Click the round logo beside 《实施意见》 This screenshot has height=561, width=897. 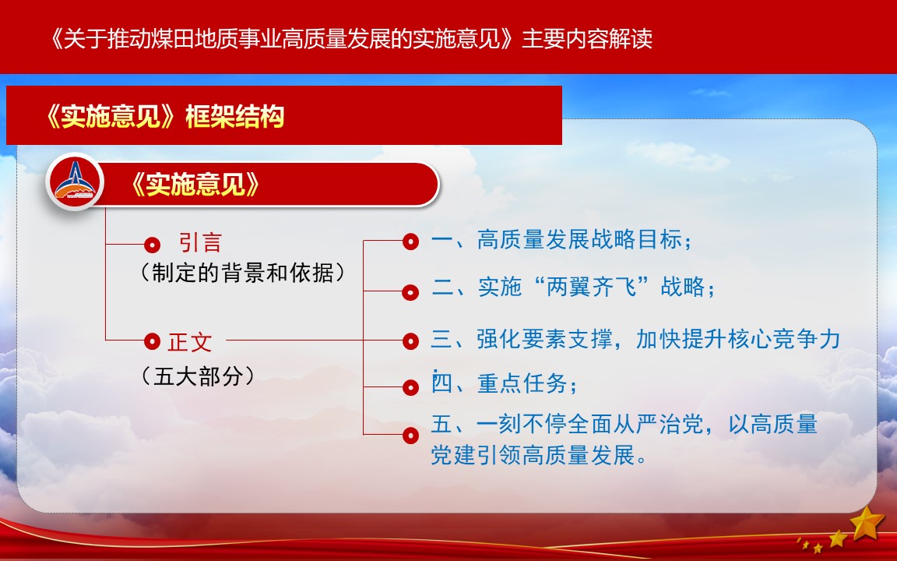76,182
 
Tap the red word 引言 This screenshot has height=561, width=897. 200,243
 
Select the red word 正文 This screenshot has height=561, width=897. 190,342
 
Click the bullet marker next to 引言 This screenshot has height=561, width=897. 152,245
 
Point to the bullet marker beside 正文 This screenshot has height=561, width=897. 152,341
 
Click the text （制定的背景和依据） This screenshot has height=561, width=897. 243,273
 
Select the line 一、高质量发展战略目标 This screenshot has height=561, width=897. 561,239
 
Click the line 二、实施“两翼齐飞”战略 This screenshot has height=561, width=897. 573,286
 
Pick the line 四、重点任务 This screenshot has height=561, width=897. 504,383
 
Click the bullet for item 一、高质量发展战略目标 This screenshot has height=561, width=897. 410,242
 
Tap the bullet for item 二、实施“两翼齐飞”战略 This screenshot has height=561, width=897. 410,292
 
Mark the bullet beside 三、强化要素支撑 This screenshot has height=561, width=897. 410,341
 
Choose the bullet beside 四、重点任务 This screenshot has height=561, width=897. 410,387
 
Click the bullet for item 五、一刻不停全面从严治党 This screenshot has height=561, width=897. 410,436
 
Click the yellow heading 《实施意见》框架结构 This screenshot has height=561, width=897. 165,116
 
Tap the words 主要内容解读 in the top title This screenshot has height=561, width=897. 587,39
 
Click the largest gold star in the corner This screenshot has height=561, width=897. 868,524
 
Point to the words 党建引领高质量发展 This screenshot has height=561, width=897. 533,455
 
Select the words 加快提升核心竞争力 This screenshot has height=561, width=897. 738,339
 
